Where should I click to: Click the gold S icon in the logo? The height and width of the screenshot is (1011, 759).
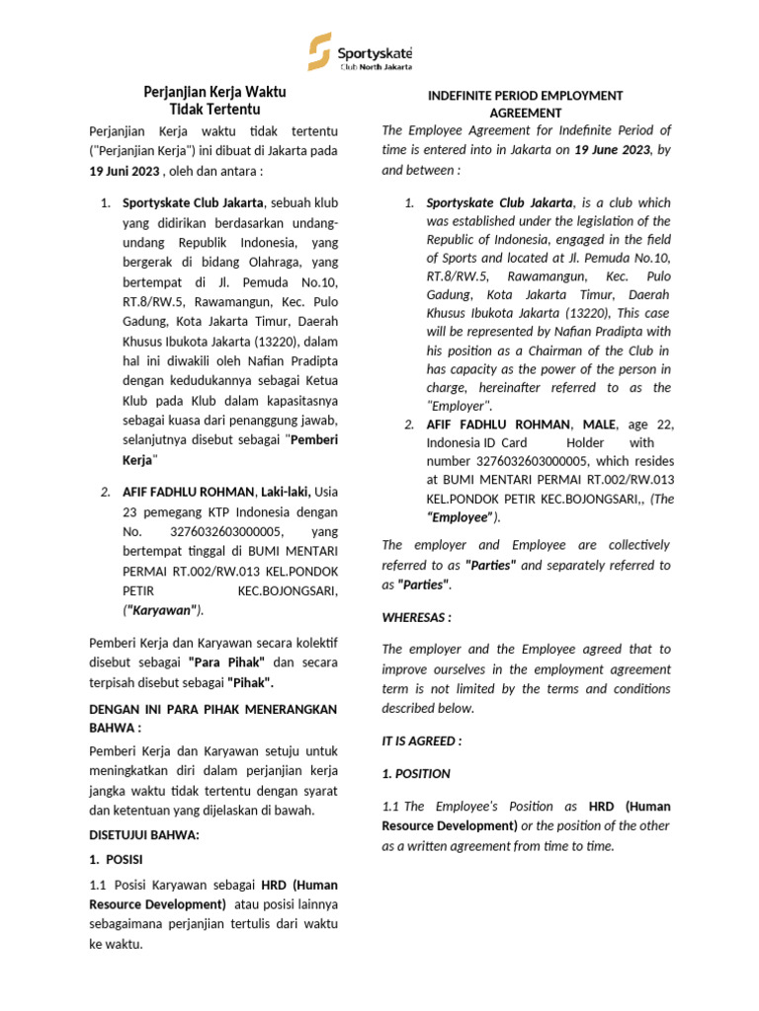tap(319, 51)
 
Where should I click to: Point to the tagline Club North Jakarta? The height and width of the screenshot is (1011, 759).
tap(376, 67)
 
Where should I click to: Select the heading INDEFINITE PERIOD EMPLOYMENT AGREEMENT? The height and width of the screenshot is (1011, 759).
tap(525, 104)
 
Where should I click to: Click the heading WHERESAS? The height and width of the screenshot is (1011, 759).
tap(416, 617)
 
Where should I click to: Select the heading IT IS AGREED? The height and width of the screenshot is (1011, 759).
tap(421, 740)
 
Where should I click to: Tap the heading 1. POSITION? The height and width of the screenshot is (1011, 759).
tap(415, 773)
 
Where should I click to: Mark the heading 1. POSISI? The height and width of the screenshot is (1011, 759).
tap(117, 859)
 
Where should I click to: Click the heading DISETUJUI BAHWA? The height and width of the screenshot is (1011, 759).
tap(144, 834)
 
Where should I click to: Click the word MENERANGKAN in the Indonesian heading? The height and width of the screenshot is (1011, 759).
tap(279, 709)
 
